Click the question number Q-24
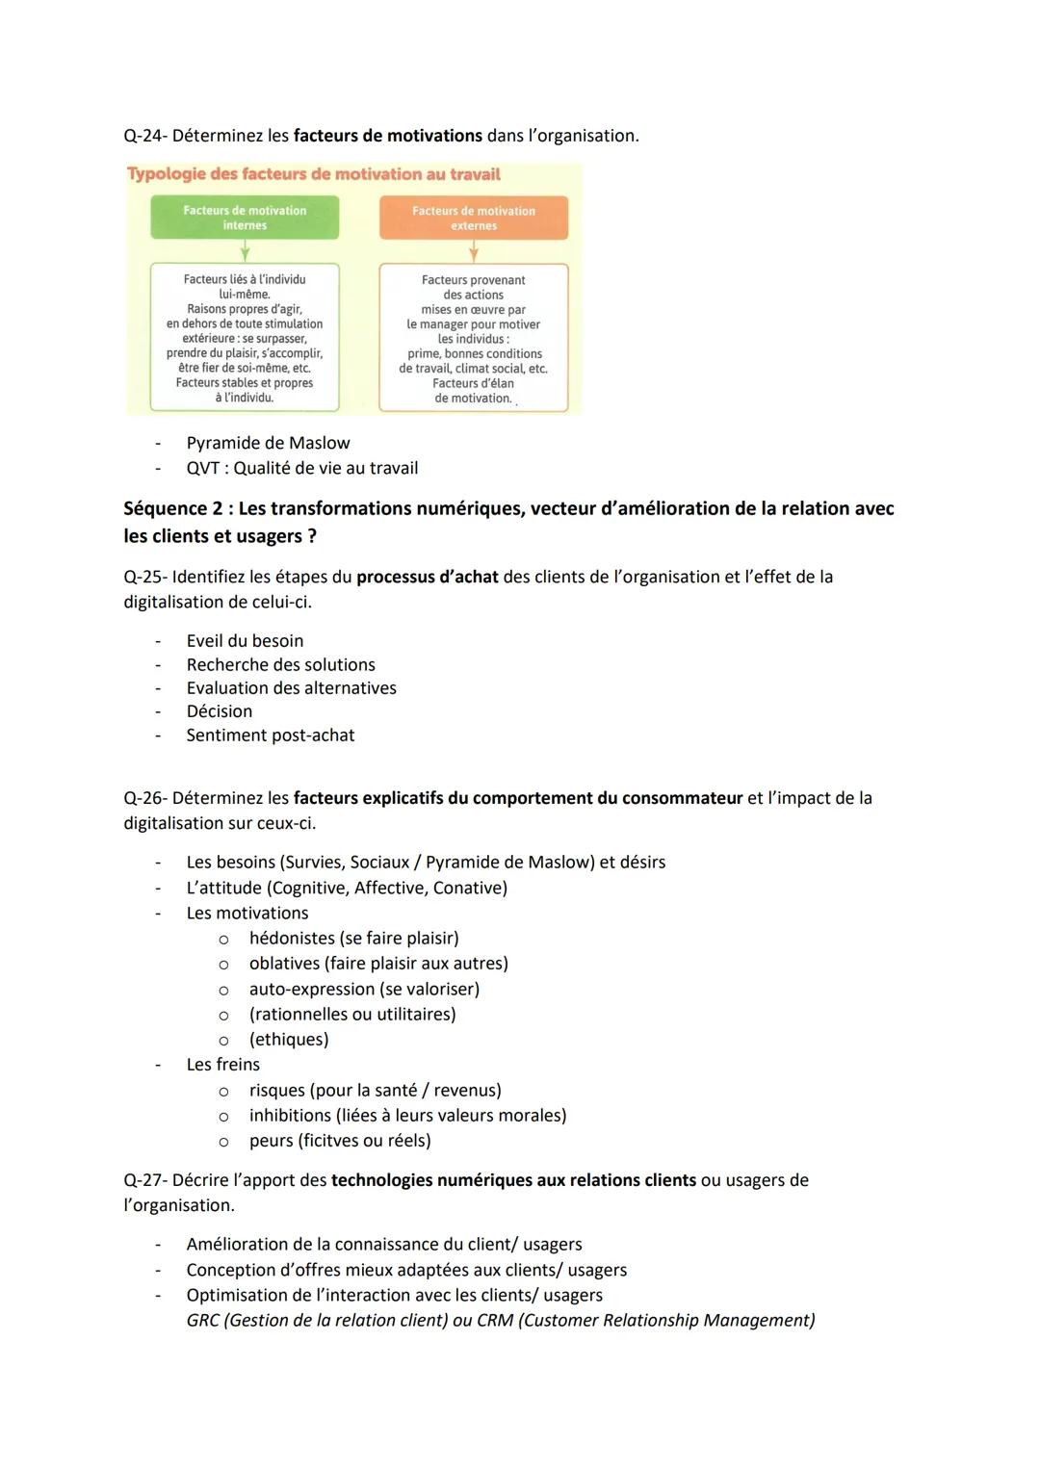(145, 136)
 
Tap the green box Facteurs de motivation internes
(245, 218)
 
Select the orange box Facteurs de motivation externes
(474, 218)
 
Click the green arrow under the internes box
(245, 251)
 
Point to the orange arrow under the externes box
(474, 251)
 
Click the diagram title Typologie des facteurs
(314, 174)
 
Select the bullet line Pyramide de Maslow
(268, 443)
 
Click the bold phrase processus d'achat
(427, 577)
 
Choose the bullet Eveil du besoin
(245, 641)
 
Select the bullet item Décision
(220, 711)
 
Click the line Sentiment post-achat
(271, 735)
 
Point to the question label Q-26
(145, 798)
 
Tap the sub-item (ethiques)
(289, 1040)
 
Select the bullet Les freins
(223, 1065)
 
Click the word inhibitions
(290, 1116)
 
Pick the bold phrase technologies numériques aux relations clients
(513, 1180)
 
